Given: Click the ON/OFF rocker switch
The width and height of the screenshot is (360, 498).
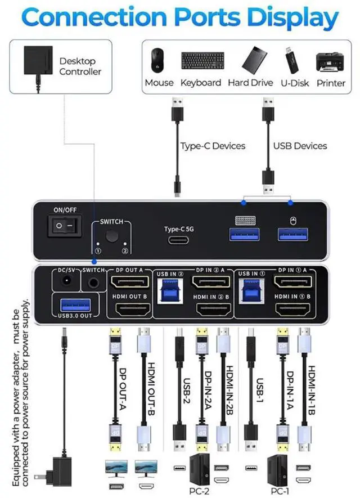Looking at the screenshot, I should (63, 226).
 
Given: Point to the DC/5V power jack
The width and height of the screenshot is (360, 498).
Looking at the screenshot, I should (67, 282).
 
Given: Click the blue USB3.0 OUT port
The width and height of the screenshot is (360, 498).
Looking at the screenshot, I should (71, 305).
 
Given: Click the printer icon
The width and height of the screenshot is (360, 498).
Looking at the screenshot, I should (331, 60).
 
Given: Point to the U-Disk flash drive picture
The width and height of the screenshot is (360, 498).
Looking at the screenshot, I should (294, 60).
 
